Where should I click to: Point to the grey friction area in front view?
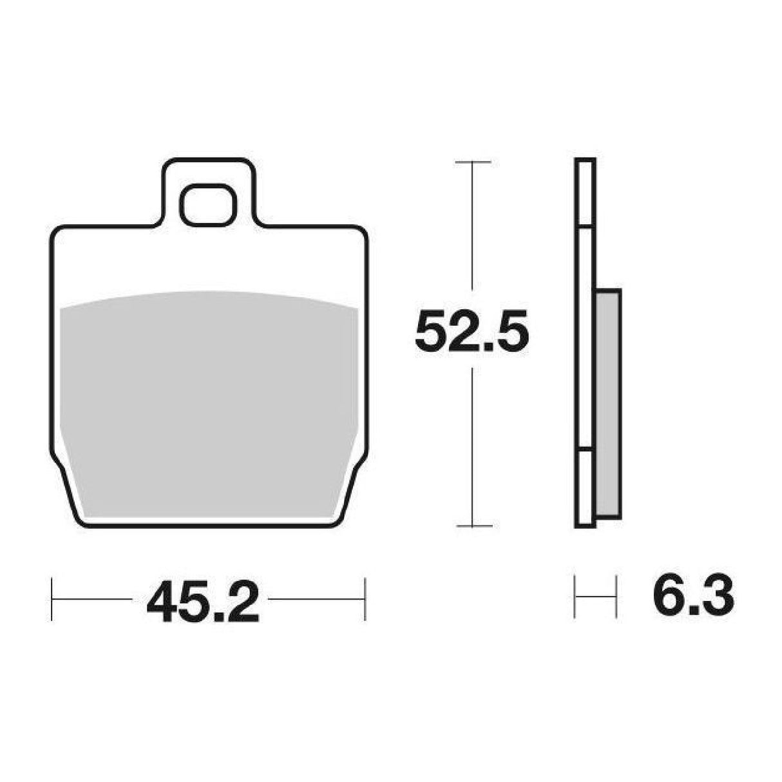tap(209, 404)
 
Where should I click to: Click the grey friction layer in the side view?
tap(608, 404)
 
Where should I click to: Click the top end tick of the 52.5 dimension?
tap(473, 162)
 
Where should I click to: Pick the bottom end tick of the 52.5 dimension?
tap(474, 526)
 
